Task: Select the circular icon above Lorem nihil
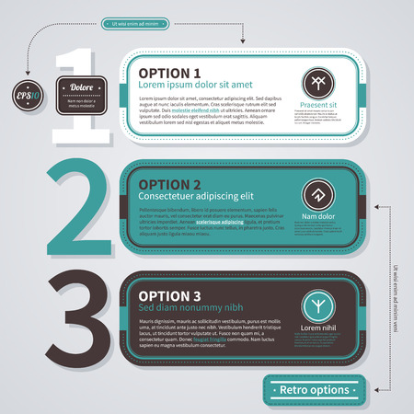[315, 305]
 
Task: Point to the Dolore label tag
[84, 89]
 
